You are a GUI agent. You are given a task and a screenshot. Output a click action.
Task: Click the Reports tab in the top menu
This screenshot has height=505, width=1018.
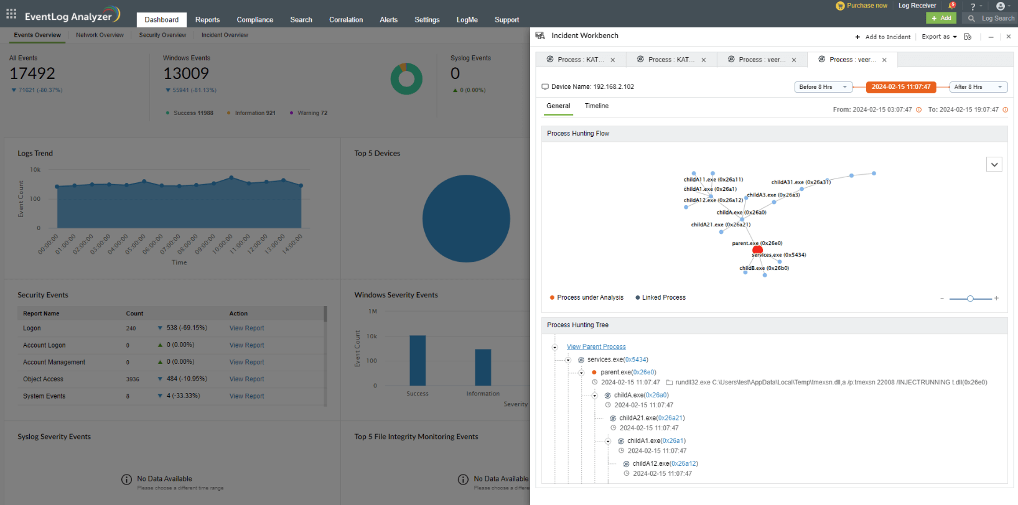click(x=207, y=20)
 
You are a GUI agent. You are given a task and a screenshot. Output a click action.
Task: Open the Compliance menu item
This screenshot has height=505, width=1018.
click(x=255, y=20)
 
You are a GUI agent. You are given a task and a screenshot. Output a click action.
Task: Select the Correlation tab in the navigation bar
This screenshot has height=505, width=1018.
click(x=346, y=20)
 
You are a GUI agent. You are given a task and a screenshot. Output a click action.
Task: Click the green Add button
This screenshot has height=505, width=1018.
click(x=941, y=18)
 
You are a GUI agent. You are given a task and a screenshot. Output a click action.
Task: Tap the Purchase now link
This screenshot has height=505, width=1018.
click(x=866, y=6)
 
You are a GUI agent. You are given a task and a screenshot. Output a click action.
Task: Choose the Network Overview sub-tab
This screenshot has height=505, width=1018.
click(x=100, y=35)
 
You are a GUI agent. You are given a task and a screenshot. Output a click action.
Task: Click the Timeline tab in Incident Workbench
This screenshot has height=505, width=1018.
click(x=596, y=106)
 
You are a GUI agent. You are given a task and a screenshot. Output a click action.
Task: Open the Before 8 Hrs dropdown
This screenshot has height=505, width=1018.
click(x=823, y=87)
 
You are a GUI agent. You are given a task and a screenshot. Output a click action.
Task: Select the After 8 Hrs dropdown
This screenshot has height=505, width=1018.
click(x=978, y=87)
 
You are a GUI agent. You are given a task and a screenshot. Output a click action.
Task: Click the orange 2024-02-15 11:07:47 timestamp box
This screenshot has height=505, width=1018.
click(x=900, y=87)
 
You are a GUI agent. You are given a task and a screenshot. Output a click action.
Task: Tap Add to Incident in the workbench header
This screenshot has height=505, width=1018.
click(x=883, y=37)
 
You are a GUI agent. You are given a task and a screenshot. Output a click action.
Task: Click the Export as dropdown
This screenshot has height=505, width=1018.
click(x=938, y=37)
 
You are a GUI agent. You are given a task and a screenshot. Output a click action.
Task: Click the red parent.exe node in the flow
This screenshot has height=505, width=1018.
click(x=757, y=250)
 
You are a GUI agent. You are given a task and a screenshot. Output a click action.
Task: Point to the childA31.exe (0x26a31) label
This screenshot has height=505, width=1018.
click(x=801, y=182)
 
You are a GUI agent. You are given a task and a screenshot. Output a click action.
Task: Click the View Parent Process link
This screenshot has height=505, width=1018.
click(x=596, y=347)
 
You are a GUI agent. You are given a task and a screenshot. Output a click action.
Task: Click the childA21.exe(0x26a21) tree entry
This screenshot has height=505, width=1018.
click(x=651, y=418)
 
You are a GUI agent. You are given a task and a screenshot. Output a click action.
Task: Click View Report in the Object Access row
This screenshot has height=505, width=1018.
click(x=246, y=379)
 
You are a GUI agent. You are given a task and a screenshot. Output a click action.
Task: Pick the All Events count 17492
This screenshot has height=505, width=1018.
click(x=32, y=73)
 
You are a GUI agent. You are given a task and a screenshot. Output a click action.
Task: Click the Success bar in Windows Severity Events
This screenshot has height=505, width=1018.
click(x=418, y=361)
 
